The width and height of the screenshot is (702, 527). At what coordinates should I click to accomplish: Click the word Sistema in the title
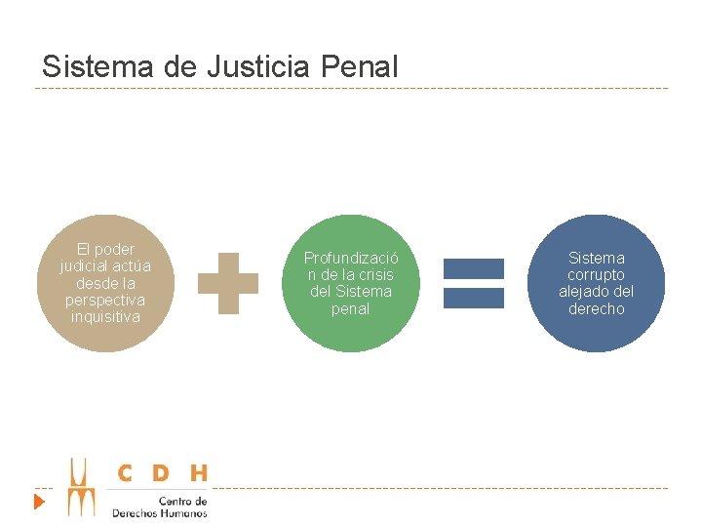pos(88,66)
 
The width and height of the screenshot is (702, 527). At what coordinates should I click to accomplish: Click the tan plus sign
pos(228,283)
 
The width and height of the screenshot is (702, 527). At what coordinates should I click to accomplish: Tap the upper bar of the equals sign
pos(474,268)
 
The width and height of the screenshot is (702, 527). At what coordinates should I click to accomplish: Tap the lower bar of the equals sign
pos(474,298)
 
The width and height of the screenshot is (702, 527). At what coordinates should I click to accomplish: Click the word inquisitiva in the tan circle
pos(105,317)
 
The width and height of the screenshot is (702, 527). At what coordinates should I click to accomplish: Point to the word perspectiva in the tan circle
pos(105,300)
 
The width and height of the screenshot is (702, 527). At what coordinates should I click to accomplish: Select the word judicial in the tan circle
pos(86,265)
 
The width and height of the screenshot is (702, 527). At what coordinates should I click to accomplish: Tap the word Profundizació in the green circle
pos(351,259)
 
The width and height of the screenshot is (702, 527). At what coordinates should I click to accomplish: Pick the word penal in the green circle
pos(351,309)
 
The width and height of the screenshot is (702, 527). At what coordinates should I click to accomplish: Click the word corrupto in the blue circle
pos(596,275)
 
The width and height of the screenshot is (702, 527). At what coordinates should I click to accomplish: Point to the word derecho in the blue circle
pos(596,309)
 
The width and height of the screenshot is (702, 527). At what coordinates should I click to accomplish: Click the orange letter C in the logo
pos(125,473)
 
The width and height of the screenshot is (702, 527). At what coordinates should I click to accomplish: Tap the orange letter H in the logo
pos(198,473)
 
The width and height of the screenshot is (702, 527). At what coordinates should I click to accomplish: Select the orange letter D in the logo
pos(161,473)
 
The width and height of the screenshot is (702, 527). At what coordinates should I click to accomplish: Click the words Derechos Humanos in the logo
pos(159,512)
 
